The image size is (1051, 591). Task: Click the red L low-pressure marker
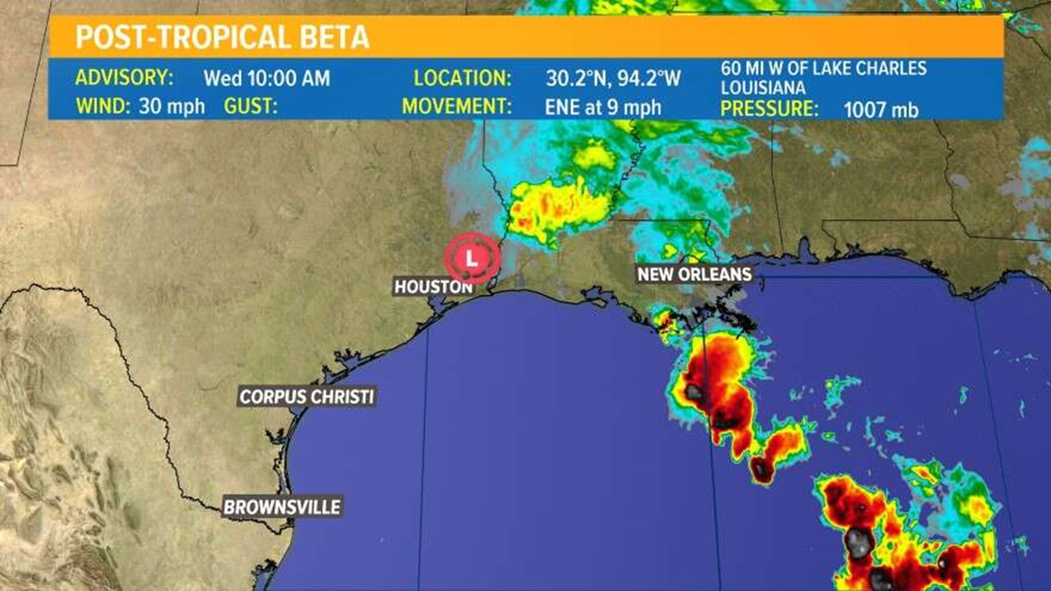[471, 258]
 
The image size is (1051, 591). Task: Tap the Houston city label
[433, 287]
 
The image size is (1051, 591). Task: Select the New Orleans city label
[694, 274]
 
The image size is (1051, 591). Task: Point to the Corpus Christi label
[307, 396]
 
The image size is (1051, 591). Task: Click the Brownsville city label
[282, 507]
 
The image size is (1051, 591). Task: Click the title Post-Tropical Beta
[222, 37]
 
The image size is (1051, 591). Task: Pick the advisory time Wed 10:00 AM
[267, 78]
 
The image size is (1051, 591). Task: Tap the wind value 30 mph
[171, 106]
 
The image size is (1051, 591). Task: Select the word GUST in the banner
[250, 106]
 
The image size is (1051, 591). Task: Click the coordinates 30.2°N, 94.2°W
[613, 79]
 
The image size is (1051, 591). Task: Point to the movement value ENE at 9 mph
[603, 107]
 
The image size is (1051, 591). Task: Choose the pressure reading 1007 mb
[880, 109]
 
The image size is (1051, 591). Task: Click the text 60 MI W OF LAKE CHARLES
[823, 68]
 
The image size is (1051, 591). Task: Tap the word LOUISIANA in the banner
[763, 88]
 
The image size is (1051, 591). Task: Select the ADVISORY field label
[124, 78]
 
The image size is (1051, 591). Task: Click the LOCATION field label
[462, 78]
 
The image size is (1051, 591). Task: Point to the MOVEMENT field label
[457, 106]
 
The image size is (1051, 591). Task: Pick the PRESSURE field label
[769, 108]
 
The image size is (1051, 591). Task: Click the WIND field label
[102, 106]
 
